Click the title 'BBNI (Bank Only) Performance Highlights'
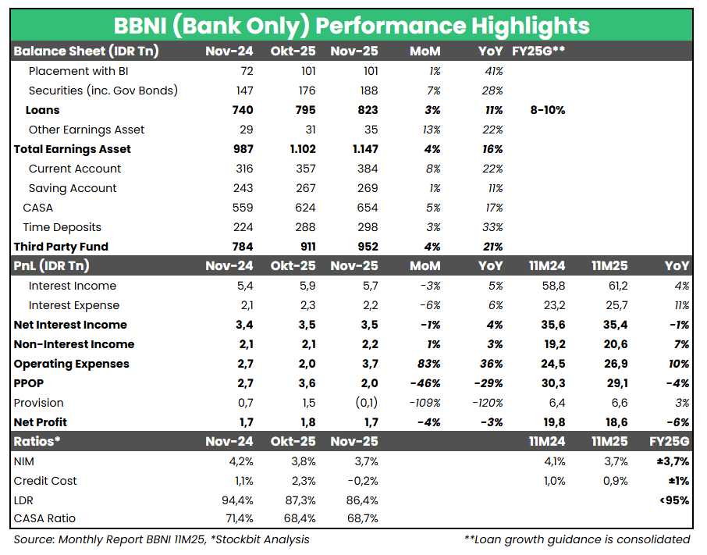pos(353,25)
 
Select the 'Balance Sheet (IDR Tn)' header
pos(86,52)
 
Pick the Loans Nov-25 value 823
pos(366,110)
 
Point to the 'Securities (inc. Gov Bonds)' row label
pos(103,91)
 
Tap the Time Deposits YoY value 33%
pos(492,227)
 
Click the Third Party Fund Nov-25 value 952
pos(365,247)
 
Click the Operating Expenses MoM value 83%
pos(428,364)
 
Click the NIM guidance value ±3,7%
pos(672,461)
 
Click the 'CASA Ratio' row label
pos(45,519)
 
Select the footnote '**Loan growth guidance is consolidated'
pos(577,539)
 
